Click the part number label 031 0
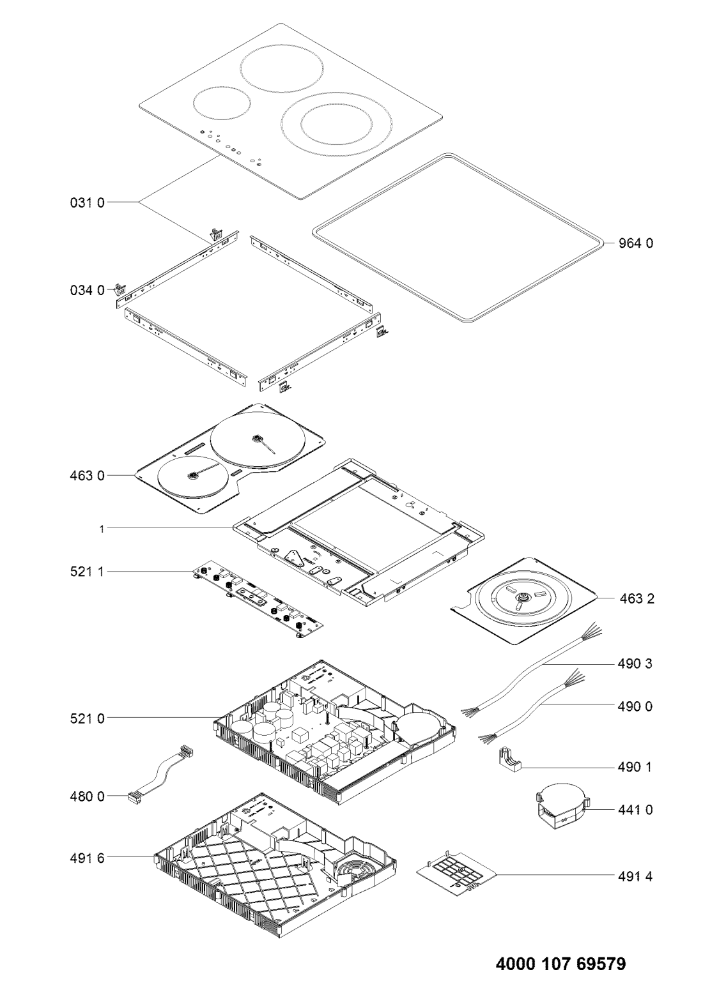coord(88,202)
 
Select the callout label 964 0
coord(635,243)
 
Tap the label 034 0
coord(88,290)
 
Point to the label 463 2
coord(637,598)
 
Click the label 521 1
coord(88,572)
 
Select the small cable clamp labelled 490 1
coord(509,761)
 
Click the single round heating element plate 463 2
coord(523,600)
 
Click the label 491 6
coord(88,858)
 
